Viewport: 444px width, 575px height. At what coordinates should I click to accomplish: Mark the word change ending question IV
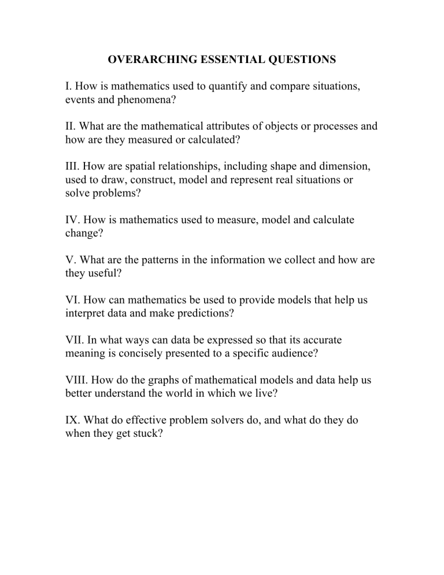[x=82, y=234]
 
